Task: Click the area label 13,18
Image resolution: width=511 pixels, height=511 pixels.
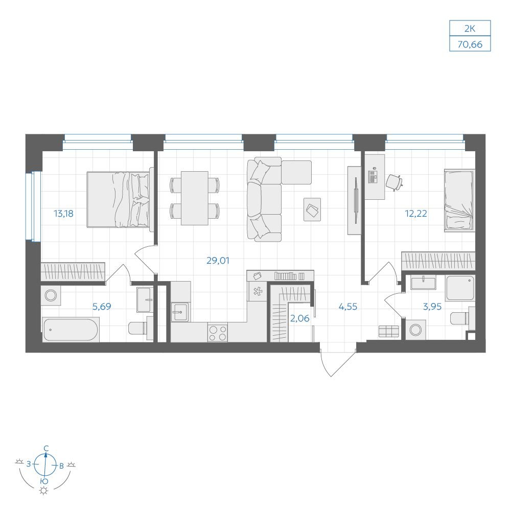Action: click(x=63, y=214)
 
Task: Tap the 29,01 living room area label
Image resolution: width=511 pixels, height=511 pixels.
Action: click(x=218, y=261)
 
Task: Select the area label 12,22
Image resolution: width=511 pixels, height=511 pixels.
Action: click(x=416, y=214)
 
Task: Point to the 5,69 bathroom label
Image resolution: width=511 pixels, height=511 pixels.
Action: click(x=102, y=307)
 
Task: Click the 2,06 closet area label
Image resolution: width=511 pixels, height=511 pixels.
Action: click(x=300, y=318)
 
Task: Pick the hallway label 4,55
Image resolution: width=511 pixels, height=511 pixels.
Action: click(x=348, y=307)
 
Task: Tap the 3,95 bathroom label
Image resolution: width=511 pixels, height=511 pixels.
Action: click(x=432, y=307)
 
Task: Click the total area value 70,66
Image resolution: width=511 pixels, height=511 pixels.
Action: click(x=470, y=44)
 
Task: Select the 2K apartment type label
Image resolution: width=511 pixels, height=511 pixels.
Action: click(x=470, y=29)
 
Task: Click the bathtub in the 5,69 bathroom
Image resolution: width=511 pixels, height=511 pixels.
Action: click(x=71, y=330)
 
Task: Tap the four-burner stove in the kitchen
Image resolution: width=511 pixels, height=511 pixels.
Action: click(x=218, y=333)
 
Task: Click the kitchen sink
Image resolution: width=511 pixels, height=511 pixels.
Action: click(x=180, y=312)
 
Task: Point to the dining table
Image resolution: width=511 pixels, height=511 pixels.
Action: click(x=195, y=198)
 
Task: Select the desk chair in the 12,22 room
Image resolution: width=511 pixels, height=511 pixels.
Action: click(x=394, y=182)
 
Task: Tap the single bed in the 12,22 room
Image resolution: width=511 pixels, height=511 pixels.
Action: click(x=459, y=200)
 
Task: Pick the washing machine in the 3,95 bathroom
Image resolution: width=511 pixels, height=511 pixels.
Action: click(x=416, y=330)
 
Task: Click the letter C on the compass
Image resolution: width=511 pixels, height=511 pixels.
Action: click(x=47, y=449)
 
